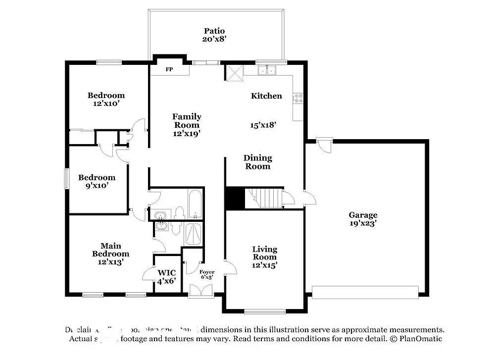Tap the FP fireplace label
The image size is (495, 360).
169,69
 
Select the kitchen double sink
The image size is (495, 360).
267,70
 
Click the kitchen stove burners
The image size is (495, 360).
298,98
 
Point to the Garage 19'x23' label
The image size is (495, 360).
363,219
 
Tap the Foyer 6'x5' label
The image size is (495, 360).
207,274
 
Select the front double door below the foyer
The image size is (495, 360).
201,290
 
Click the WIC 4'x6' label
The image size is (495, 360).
166,277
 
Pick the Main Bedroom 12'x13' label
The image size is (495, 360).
111,254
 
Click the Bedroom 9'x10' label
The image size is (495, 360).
97,181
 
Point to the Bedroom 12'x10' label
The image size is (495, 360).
106,100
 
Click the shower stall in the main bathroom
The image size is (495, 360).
193,234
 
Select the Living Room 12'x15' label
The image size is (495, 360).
264,257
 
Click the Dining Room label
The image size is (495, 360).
257,162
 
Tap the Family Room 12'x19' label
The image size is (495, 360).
187,125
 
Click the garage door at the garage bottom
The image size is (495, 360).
365,292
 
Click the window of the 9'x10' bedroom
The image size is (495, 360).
67,178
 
